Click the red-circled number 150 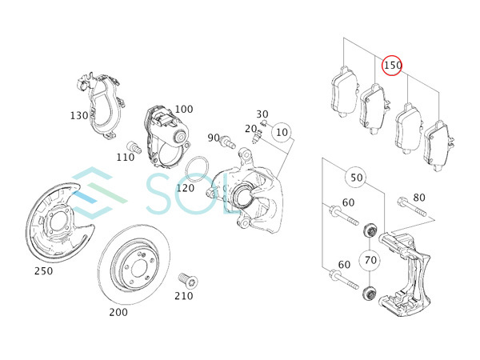click(392, 66)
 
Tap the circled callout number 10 click(282, 132)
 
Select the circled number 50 click(356, 178)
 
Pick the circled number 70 click(370, 260)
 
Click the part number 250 click(43, 270)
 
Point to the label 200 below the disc click(118, 312)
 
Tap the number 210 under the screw click(184, 296)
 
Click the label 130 click(79, 115)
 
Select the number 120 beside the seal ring click(186, 188)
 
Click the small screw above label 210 click(188, 280)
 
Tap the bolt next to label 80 click(412, 207)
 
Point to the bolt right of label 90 click(227, 141)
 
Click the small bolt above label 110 click(134, 147)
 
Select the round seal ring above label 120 click(197, 169)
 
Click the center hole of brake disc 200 click(138, 270)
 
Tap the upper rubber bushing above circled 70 click(370, 231)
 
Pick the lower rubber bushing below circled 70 click(370, 294)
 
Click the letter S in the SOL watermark click(162, 194)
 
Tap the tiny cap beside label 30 click(263, 123)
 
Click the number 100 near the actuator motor click(184, 109)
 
